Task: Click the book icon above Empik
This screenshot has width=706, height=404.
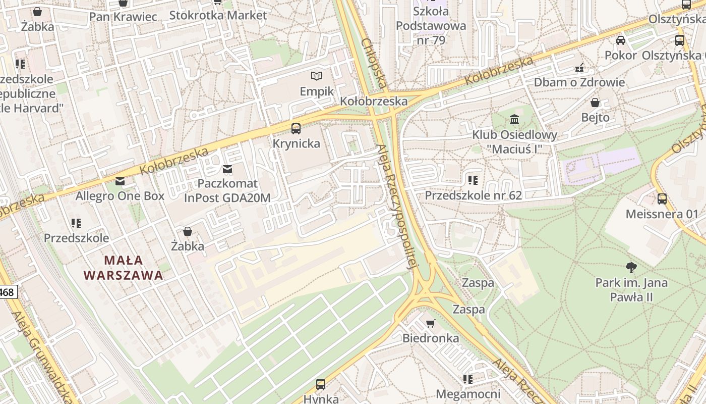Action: click(x=316, y=76)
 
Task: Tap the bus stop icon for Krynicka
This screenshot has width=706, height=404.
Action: click(x=296, y=128)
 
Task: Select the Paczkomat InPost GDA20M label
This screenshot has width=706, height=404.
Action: click(x=227, y=190)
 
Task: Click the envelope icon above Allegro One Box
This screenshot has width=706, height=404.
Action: click(x=120, y=181)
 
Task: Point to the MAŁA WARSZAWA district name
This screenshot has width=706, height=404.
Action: click(x=124, y=268)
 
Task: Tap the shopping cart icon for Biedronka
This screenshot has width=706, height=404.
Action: click(x=430, y=323)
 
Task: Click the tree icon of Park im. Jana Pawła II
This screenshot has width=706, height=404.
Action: click(x=631, y=267)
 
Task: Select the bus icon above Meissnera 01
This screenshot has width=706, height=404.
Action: click(x=662, y=199)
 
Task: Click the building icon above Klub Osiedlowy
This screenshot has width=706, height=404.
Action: click(x=514, y=120)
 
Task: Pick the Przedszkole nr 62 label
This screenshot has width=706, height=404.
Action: click(x=473, y=195)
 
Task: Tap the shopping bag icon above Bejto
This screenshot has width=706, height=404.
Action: click(x=595, y=103)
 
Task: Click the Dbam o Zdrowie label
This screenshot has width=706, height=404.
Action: click(x=579, y=82)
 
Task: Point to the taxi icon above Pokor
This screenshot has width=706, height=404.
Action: click(x=621, y=40)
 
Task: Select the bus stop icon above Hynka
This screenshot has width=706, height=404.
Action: click(x=321, y=384)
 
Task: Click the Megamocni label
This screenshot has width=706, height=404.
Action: click(x=468, y=394)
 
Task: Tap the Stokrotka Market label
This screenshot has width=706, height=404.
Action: click(x=218, y=15)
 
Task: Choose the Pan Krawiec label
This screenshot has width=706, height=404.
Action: click(x=123, y=17)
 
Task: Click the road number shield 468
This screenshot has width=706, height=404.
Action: click(x=7, y=292)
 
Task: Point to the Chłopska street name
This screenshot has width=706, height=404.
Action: click(x=374, y=64)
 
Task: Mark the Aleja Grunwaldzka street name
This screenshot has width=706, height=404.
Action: click(x=40, y=356)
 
